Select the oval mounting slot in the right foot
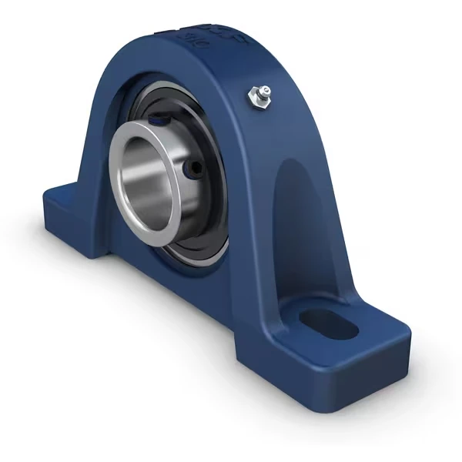[x=326, y=323]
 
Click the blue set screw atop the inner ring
[x=157, y=119]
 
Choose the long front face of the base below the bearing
[x=192, y=308]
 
